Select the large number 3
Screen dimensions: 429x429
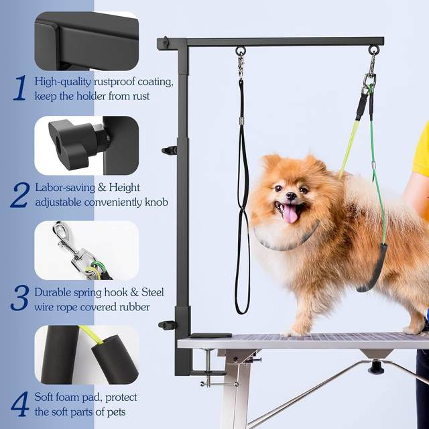19,298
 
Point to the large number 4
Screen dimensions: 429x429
20,404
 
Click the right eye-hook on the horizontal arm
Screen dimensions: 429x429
373,50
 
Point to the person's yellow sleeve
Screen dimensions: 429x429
422,151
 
